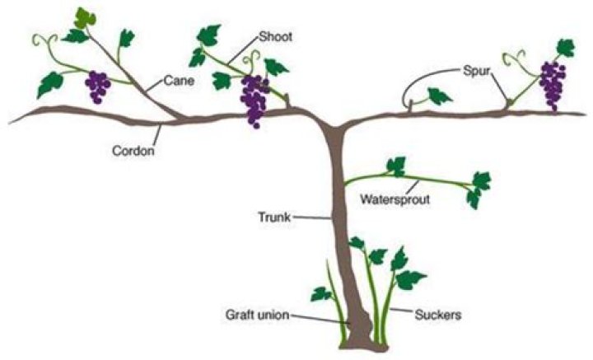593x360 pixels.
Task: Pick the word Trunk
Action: click(274, 217)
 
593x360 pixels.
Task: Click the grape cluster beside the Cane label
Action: click(98, 85)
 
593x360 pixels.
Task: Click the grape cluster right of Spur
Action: click(552, 82)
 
